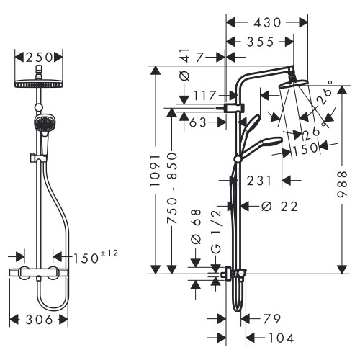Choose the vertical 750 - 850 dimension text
[171, 190]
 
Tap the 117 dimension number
[204, 95]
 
